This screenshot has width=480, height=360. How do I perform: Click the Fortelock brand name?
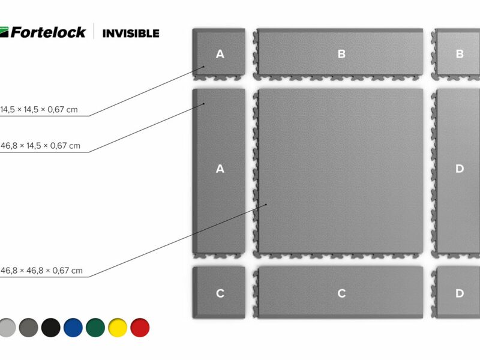48,32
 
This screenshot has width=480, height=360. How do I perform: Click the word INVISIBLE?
131,34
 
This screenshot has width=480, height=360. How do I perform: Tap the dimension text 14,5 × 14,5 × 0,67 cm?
39,110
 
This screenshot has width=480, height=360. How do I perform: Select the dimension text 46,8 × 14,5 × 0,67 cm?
40,146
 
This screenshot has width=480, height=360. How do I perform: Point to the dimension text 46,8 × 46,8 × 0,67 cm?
41,271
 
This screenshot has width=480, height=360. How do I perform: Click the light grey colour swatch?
7,328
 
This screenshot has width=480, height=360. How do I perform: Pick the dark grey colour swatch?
28,328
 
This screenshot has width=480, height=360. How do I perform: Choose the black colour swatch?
51,328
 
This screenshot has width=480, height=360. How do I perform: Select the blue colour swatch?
73,328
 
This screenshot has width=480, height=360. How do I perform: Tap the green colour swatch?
95,328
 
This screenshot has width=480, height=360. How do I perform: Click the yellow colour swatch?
118,328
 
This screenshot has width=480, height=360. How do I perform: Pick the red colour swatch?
140,328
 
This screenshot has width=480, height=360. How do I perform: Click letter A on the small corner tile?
220,54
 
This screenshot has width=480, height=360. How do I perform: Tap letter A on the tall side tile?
220,169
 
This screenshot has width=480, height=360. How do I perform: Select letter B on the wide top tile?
341,54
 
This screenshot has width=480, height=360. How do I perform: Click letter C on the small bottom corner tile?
220,293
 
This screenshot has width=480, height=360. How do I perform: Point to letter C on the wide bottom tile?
341,293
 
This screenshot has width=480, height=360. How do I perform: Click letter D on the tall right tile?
460,169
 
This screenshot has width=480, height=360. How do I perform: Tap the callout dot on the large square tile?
266,204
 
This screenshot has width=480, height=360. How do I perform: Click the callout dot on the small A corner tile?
203,67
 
